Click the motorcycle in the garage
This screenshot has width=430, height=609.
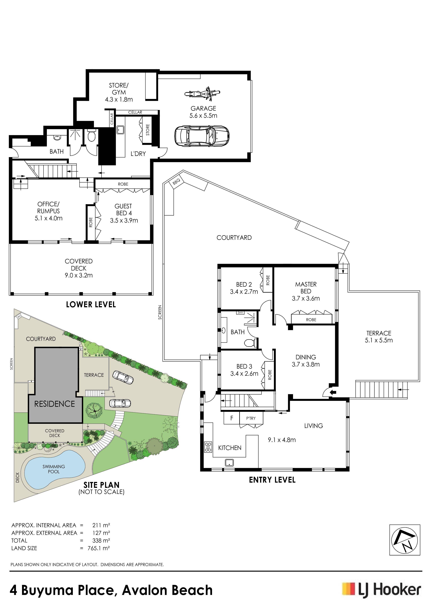pyautogui.click(x=202, y=94)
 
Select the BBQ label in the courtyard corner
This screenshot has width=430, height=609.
pyautogui.click(x=176, y=182)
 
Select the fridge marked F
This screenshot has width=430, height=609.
pyautogui.click(x=232, y=418)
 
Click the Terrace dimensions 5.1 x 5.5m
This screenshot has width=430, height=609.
pyautogui.click(x=379, y=340)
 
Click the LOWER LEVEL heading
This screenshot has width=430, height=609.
pyautogui.click(x=91, y=304)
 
